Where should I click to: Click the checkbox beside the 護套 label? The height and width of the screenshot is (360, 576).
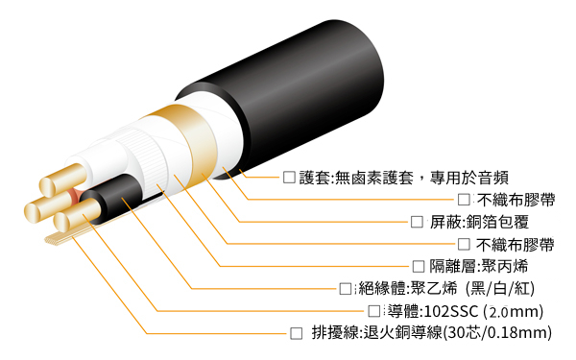click(290, 178)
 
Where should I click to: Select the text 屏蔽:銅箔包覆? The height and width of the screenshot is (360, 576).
click(479, 222)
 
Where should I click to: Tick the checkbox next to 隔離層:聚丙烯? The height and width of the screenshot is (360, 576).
click(419, 266)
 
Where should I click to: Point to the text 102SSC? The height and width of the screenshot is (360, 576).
click(451, 311)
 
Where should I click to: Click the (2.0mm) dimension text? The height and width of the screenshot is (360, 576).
click(514, 311)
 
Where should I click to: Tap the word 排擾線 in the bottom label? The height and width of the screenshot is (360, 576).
click(336, 333)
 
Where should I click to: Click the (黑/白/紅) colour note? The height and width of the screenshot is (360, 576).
click(500, 288)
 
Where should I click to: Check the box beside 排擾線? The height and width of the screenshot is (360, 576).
click(296, 333)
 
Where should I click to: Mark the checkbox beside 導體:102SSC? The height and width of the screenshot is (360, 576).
click(374, 311)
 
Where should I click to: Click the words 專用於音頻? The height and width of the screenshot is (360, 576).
click(469, 178)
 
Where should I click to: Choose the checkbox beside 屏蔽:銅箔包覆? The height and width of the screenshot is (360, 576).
click(417, 222)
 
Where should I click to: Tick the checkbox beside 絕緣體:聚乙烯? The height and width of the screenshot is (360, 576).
click(345, 288)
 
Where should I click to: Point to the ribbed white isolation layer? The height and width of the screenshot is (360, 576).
click(147, 158)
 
